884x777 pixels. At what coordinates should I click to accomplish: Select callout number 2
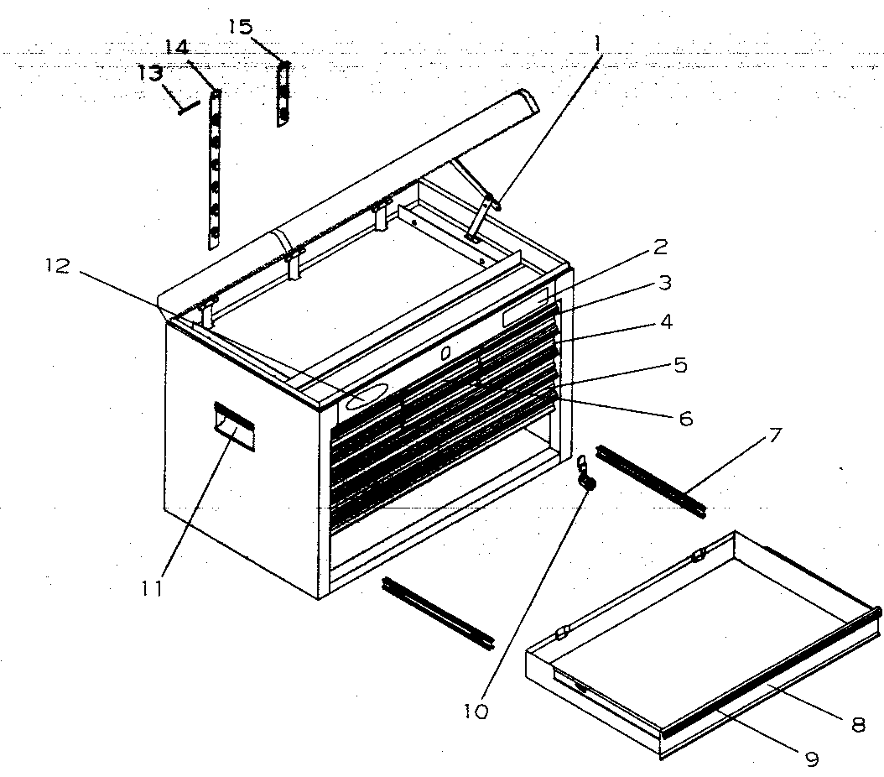pos(661,247)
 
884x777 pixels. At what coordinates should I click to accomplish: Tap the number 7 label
pos(774,435)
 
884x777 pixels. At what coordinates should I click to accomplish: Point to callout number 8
pos(857,724)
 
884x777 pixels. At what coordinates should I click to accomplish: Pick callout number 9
pos(811,759)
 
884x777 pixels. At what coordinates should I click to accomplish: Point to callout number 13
pos(150,74)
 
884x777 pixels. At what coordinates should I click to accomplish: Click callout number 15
pos(240,27)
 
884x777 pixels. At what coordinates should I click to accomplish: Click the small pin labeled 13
pos(187,107)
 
